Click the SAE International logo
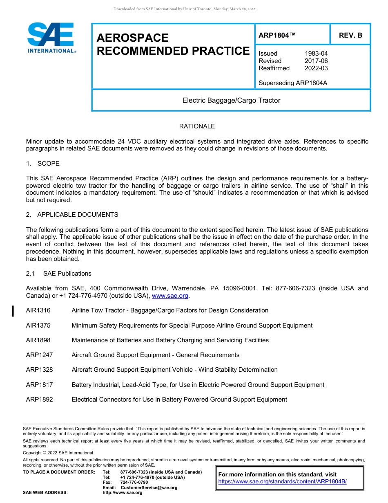pos(51,38)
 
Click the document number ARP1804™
pos(277,35)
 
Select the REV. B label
pos(350,35)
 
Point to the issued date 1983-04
pos(316,54)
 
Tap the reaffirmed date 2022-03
pos(316,68)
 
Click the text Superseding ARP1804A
pos(293,83)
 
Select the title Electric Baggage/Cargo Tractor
pos(231,100)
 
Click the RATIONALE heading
pos(197,126)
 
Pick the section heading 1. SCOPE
pos(43,164)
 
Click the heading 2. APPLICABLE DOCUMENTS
pos(72,215)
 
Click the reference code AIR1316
pos(38,310)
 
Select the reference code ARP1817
pos(39,385)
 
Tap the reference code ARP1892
pos(39,400)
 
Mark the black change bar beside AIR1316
pos(13,311)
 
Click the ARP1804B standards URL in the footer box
pos(282,482)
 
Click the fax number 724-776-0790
pos(134,483)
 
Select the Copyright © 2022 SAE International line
pos(58,453)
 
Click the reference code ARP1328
pos(39,370)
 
